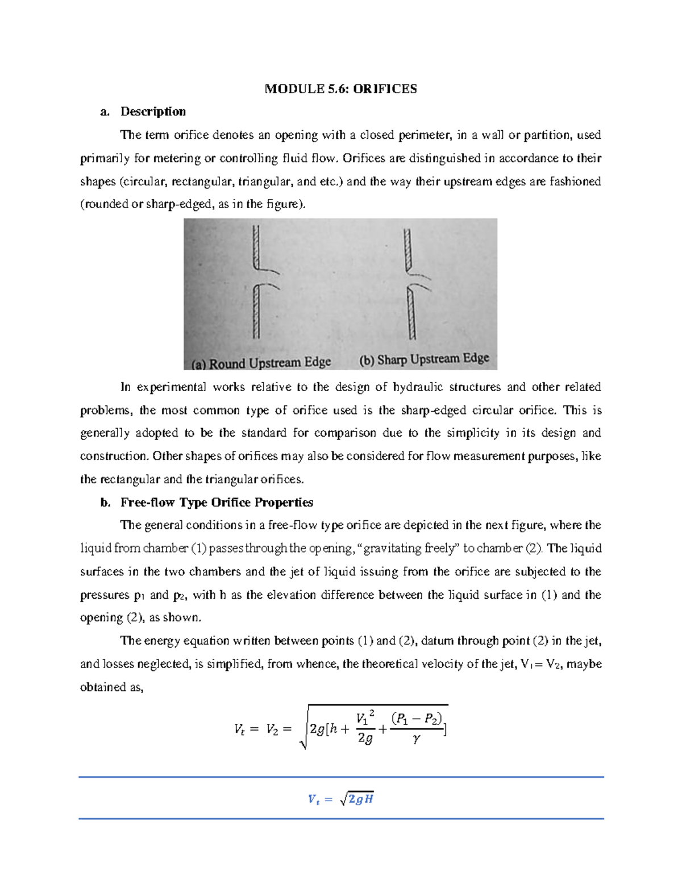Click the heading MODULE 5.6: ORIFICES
coord(340,89)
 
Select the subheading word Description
coord(153,111)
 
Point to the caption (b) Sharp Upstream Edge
coord(424,359)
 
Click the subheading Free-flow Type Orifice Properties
coord(217,503)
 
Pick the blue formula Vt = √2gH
coord(340,799)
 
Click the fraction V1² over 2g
coord(365,728)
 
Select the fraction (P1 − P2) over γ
coord(417,728)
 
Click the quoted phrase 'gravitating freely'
coord(408,549)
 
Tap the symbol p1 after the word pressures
coord(139,595)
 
